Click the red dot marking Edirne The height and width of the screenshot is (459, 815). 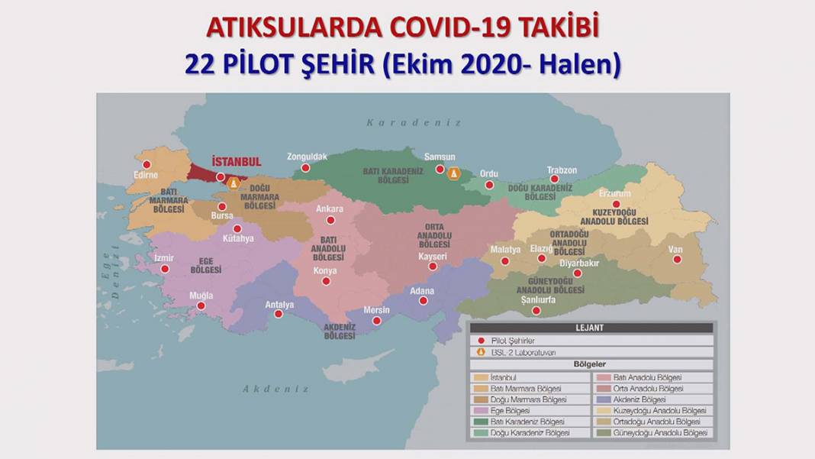(x=147, y=164)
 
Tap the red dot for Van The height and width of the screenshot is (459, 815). (x=677, y=260)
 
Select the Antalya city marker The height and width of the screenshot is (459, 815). (x=279, y=314)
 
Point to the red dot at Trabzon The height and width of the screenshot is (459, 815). (x=555, y=179)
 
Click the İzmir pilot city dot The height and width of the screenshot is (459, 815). (x=165, y=269)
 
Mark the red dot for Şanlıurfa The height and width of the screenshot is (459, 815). (x=536, y=311)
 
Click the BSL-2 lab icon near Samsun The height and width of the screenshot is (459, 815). (x=454, y=174)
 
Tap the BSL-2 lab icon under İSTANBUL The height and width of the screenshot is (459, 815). (x=234, y=183)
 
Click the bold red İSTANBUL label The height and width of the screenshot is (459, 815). (x=237, y=162)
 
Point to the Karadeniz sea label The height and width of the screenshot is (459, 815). (x=414, y=122)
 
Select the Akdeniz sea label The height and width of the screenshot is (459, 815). (x=275, y=389)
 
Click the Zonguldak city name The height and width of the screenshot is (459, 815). (x=307, y=157)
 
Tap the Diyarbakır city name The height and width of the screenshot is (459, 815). (x=581, y=263)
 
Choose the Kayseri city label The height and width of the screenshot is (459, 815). (x=433, y=257)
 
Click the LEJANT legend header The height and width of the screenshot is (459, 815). (x=589, y=328)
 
